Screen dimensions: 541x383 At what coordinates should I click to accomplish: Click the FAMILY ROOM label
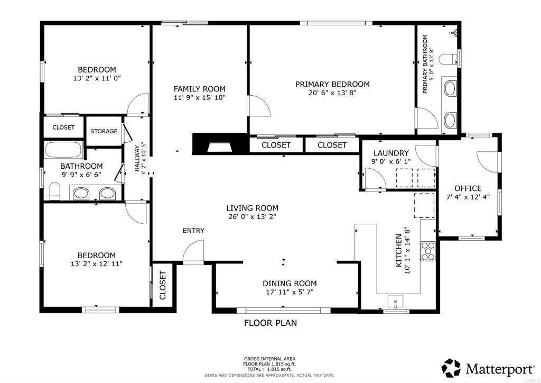[199, 89]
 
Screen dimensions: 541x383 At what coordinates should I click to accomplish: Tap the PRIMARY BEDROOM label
[332, 84]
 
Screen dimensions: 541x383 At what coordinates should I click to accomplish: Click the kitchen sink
[395, 302]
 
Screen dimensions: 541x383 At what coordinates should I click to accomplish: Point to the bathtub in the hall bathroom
[63, 150]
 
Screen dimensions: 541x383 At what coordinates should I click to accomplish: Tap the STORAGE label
[104, 131]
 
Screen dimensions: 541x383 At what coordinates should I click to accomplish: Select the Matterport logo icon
[451, 368]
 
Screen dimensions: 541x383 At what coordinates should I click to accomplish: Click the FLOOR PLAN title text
[270, 323]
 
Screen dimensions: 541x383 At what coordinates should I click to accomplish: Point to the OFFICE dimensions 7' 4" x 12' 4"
[468, 197]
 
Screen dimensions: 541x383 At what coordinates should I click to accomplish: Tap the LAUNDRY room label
[391, 153]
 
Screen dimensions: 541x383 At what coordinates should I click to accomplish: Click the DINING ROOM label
[290, 284]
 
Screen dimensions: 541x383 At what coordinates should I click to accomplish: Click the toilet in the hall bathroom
[55, 191]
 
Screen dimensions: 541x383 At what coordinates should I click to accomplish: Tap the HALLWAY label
[137, 159]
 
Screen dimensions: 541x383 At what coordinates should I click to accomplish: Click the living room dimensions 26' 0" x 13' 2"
[252, 217]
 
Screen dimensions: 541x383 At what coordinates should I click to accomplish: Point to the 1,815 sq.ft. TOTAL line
[269, 369]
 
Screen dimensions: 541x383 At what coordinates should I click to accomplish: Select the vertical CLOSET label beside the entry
[163, 285]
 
